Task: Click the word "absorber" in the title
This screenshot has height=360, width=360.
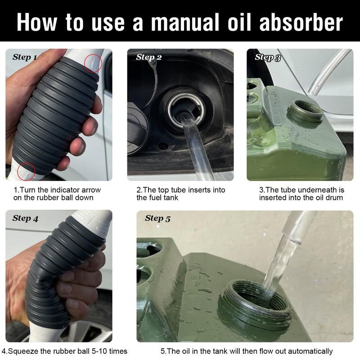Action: point(301,22)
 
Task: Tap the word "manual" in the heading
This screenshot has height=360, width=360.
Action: point(185,22)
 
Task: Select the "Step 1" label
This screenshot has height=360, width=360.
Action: point(25,57)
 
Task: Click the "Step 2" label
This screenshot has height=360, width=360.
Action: point(149,57)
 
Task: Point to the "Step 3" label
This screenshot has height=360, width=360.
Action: point(268,57)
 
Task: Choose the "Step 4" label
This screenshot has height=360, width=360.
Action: point(25,218)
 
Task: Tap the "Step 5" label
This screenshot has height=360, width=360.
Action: point(157,218)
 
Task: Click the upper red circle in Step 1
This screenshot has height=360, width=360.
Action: point(93,63)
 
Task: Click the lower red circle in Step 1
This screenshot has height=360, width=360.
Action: point(26,172)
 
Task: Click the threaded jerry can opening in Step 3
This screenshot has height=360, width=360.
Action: point(305,112)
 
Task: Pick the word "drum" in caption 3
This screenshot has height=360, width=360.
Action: point(334,198)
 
